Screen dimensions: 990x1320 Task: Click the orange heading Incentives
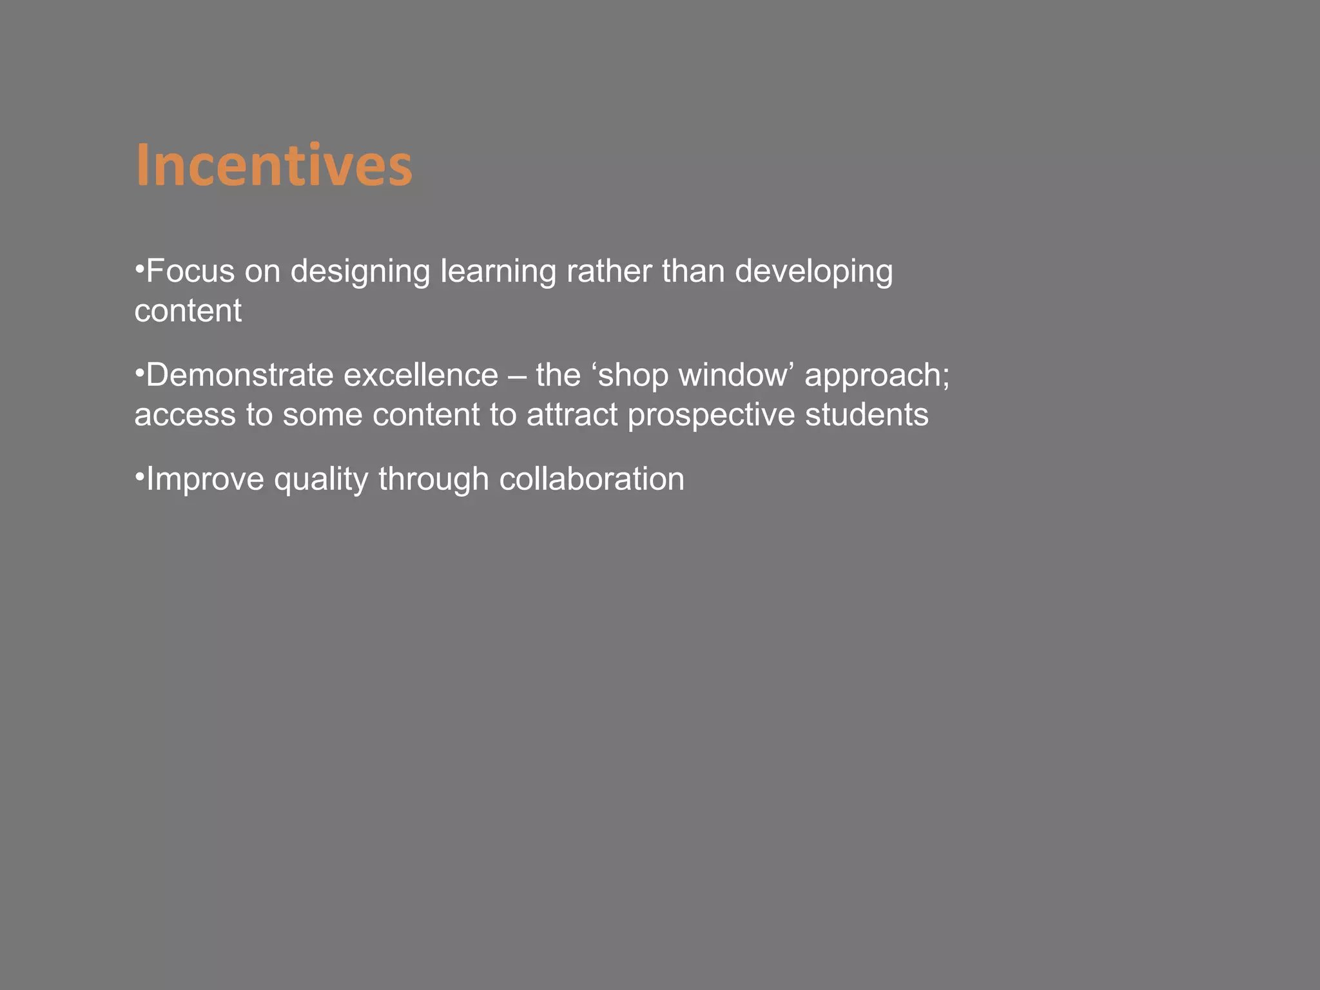[x=273, y=166]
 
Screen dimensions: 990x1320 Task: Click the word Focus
[x=190, y=271]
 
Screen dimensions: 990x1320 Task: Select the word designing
[x=360, y=272]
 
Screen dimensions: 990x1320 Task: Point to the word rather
[x=609, y=271]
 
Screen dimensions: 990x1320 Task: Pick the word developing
[x=813, y=272]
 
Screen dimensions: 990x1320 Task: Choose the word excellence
[x=420, y=375]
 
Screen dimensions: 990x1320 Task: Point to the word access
[x=185, y=414]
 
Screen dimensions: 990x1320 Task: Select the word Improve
[x=205, y=480]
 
